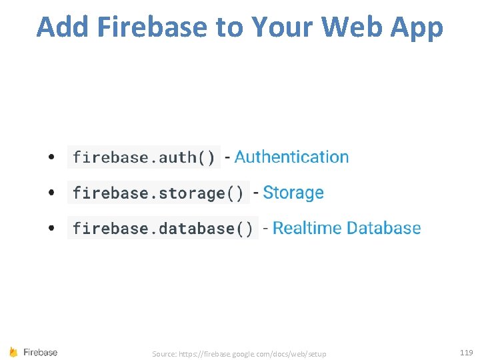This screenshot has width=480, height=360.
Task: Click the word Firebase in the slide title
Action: click(x=152, y=27)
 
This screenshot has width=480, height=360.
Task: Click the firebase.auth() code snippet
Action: click(x=144, y=157)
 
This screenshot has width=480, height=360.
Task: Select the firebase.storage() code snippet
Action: click(x=159, y=193)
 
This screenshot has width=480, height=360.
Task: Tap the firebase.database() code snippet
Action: click(x=163, y=229)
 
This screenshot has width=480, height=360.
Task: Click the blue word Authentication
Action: click(x=291, y=157)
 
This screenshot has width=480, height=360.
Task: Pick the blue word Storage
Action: click(x=293, y=193)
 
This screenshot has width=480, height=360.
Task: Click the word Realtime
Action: click(x=307, y=229)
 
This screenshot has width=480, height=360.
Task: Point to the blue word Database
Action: click(x=383, y=228)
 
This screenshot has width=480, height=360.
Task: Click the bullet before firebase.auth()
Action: click(x=51, y=158)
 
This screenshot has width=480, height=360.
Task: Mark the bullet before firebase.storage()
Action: click(x=51, y=193)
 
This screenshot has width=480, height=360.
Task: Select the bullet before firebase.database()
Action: click(x=51, y=229)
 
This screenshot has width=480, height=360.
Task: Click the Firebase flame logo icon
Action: click(x=13, y=352)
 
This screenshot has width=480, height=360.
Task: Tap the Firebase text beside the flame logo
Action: click(x=41, y=352)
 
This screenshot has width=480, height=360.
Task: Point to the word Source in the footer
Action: click(x=163, y=353)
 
